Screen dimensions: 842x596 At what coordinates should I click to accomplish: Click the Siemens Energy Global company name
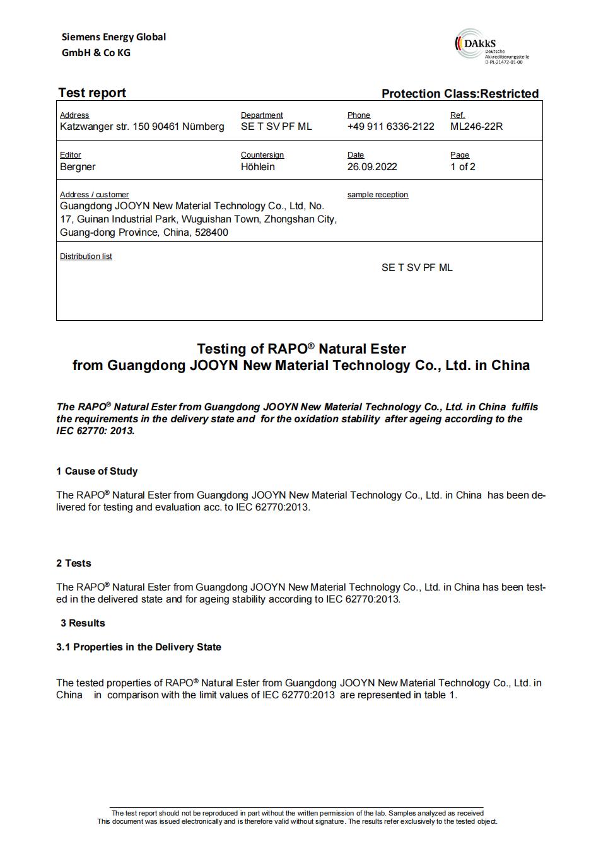[x=114, y=45]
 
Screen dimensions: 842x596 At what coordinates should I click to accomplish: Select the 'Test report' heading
[x=92, y=93]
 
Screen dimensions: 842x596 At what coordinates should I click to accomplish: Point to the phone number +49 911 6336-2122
[x=390, y=126]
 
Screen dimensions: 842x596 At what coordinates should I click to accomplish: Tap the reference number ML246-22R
[x=476, y=126]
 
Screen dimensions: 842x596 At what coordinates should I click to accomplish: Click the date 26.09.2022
[x=372, y=166]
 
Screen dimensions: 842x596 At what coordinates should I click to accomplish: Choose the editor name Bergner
[x=78, y=166]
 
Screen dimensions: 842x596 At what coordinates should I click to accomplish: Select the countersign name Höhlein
[x=257, y=166]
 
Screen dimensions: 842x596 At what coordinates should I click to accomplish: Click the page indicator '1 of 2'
[x=463, y=166]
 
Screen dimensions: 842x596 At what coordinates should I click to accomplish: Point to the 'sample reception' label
[x=377, y=195]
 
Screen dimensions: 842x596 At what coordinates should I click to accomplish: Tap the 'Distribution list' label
[x=86, y=257]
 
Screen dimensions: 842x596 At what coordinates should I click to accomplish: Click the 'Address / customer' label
[x=94, y=195]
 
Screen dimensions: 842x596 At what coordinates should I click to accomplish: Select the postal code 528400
[x=211, y=233]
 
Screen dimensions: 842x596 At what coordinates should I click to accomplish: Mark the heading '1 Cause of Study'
[x=96, y=471]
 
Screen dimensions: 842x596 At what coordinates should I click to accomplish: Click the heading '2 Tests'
[x=73, y=563]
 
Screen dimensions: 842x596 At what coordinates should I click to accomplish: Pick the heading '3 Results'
[x=83, y=623]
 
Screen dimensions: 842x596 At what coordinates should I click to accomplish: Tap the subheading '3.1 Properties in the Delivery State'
[x=138, y=647]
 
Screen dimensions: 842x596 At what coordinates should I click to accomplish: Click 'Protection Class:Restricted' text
[x=460, y=93]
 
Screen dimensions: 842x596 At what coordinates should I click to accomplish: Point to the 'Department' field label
[x=262, y=115]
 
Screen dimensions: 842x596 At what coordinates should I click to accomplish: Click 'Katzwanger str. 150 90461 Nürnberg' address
[x=142, y=126]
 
